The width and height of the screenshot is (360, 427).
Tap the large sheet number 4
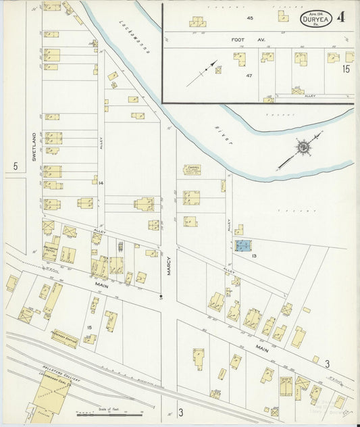[341, 17]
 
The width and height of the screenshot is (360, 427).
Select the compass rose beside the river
[303, 146]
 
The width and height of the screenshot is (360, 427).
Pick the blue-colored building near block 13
[243, 245]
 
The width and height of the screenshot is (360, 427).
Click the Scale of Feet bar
[105, 411]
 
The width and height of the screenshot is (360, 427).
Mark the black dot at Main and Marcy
[161, 296]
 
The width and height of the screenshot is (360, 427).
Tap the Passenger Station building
[65, 338]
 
